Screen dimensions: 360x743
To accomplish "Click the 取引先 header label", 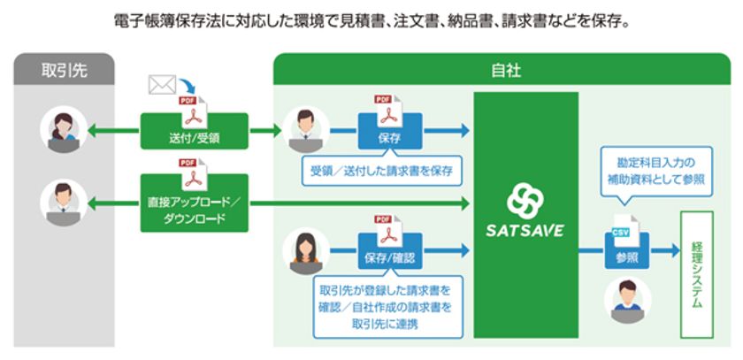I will tap(64, 70).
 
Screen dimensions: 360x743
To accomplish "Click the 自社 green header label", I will tap(506, 70).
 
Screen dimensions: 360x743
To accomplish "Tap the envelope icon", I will tap(162, 86).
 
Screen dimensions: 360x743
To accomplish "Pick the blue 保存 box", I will tap(389, 135).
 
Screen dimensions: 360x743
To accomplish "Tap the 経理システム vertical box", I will tap(697, 273).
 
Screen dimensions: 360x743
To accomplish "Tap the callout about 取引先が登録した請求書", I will tap(389, 306).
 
